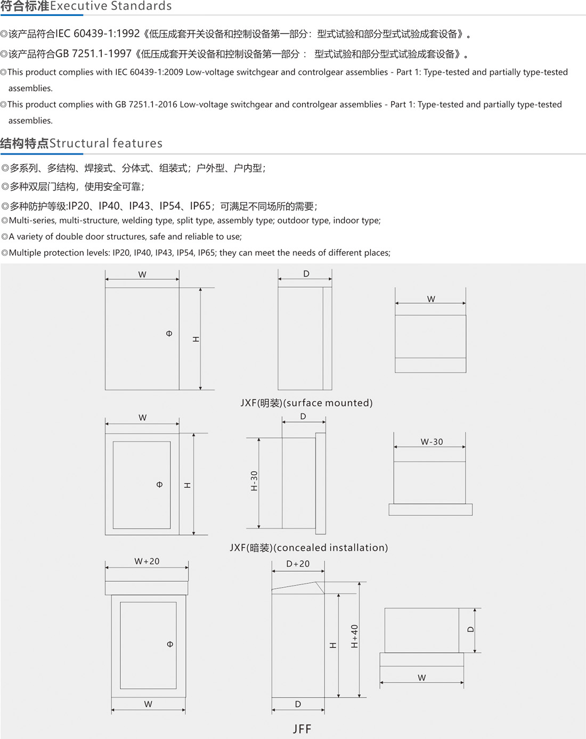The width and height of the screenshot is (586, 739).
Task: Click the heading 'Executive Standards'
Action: (x=111, y=6)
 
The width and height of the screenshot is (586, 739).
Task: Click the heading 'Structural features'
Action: (x=106, y=143)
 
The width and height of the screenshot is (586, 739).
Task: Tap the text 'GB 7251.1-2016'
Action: (x=146, y=104)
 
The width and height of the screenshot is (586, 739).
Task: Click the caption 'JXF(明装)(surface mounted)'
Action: (x=306, y=403)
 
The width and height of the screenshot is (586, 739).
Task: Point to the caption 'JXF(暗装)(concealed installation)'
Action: (x=308, y=548)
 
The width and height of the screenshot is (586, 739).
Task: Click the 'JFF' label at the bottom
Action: (x=302, y=729)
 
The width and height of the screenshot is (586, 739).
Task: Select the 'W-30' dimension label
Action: (x=432, y=442)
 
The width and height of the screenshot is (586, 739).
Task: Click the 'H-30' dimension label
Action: (x=254, y=481)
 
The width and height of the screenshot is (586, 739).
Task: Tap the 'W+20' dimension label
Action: (x=147, y=561)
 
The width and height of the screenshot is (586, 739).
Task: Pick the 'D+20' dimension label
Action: (x=298, y=564)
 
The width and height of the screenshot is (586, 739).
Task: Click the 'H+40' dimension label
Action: (x=354, y=636)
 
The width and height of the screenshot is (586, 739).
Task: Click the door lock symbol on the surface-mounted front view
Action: (x=169, y=334)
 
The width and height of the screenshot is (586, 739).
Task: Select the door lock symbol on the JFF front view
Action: (x=170, y=644)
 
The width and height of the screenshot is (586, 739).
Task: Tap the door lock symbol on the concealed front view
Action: (x=159, y=485)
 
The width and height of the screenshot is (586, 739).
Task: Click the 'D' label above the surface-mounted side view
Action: (x=306, y=274)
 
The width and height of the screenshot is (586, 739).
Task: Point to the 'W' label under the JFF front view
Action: (x=148, y=704)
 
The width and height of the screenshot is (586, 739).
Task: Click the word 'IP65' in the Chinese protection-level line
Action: (x=200, y=206)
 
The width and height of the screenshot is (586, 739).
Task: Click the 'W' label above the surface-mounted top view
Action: (x=431, y=299)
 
